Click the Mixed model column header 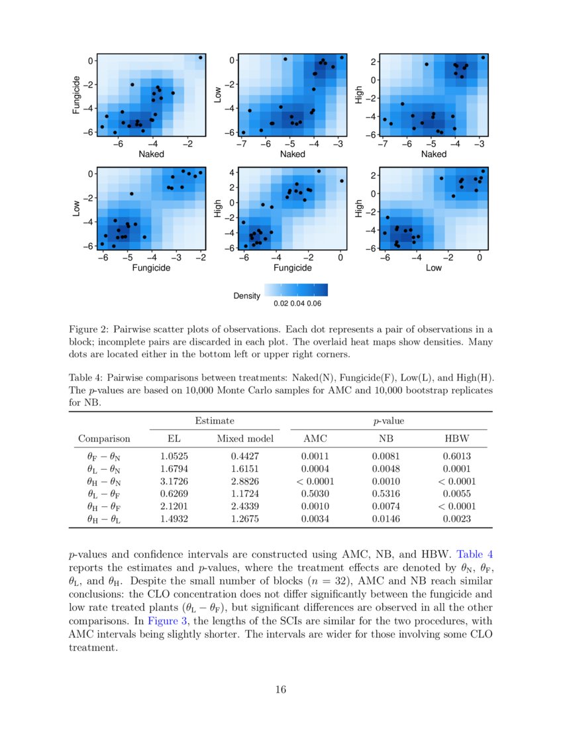(x=244, y=439)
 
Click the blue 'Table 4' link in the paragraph (x=475, y=552)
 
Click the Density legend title (x=246, y=295)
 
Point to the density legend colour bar (x=296, y=290)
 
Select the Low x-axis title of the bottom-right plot (x=434, y=268)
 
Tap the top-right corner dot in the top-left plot (x=201, y=58)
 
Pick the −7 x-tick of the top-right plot (x=383, y=143)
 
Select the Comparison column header (x=104, y=439)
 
